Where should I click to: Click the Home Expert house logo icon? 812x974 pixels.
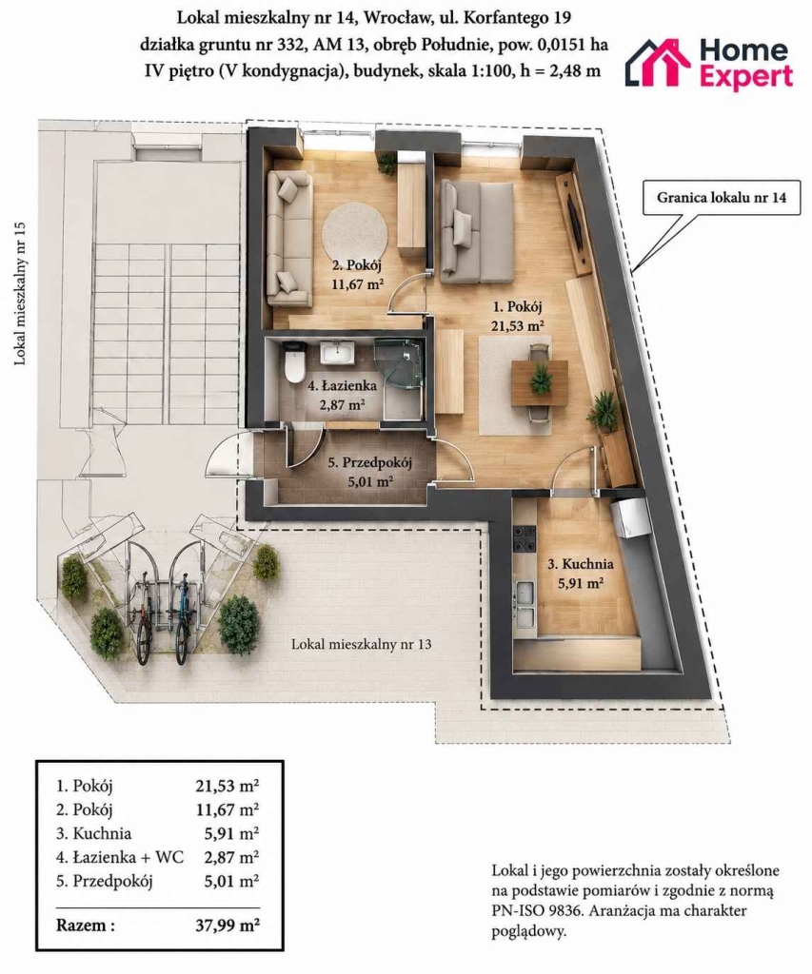(657, 62)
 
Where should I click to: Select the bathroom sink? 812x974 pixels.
(337, 353)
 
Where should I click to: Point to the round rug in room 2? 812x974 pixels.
(355, 235)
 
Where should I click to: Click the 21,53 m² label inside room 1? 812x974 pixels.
(518, 325)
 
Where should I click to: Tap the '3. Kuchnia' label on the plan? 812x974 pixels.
(580, 564)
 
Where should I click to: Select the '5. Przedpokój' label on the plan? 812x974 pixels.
(370, 463)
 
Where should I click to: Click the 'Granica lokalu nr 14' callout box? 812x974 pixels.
(722, 198)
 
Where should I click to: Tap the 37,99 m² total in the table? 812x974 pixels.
(228, 925)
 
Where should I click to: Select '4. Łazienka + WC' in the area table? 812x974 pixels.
(120, 857)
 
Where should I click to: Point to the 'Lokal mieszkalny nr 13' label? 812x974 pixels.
(361, 644)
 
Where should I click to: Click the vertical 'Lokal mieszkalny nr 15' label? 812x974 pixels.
(20, 292)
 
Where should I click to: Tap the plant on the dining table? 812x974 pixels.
(540, 377)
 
